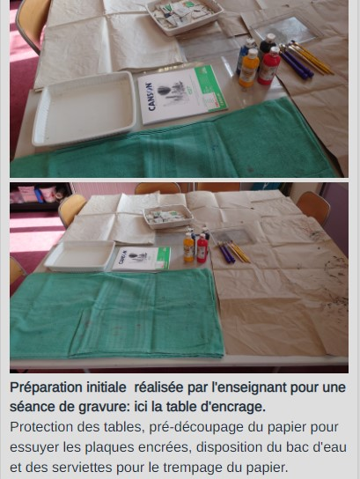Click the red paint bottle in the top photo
(268, 66)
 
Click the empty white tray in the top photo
(84, 108)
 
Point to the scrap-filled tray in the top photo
(185, 15)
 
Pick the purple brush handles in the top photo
(296, 64)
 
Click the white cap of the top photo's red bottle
(275, 50)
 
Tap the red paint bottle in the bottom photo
(202, 247)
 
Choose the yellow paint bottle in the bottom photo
(188, 247)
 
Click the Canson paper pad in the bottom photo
(142, 259)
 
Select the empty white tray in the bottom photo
(80, 255)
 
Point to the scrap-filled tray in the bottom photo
(168, 217)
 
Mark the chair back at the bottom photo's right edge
(313, 207)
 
